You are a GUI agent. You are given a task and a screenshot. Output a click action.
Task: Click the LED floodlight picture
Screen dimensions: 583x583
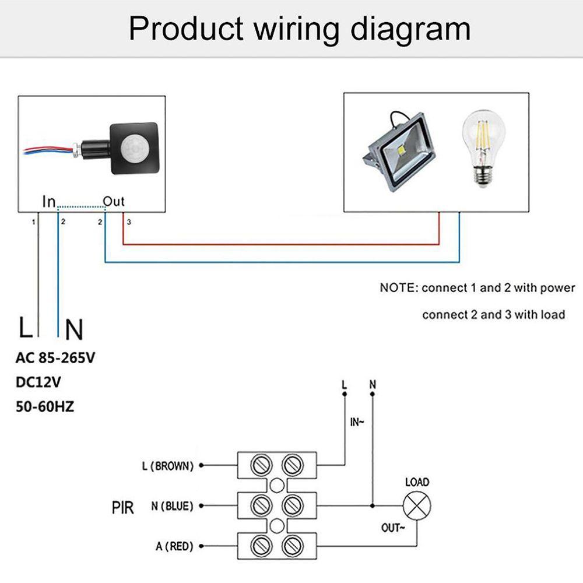(x=401, y=151)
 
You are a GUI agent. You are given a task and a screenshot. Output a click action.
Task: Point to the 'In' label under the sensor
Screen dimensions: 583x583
(x=49, y=202)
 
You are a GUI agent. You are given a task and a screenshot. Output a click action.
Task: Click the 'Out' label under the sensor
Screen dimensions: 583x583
(x=114, y=202)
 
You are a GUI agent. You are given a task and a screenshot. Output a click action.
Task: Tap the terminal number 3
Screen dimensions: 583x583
(x=129, y=222)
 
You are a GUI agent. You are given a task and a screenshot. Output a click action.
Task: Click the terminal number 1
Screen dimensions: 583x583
(x=34, y=222)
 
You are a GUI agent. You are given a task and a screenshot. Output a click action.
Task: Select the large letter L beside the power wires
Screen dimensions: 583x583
(x=25, y=328)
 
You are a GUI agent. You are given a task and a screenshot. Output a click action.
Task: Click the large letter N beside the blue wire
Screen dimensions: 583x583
(x=74, y=330)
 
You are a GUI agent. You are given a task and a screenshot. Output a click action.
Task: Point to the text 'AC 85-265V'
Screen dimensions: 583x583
(x=55, y=358)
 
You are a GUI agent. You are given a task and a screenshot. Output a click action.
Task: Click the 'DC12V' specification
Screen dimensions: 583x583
(x=38, y=382)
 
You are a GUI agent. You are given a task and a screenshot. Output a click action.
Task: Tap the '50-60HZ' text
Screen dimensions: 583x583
(x=45, y=406)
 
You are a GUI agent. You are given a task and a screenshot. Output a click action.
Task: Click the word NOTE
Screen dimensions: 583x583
(x=398, y=288)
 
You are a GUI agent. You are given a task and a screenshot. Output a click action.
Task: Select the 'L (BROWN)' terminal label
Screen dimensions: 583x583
(x=167, y=466)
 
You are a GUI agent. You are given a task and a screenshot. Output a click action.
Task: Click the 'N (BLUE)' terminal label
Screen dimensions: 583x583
(x=172, y=506)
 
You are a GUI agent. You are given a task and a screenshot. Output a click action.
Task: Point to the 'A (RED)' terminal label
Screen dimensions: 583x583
(x=174, y=546)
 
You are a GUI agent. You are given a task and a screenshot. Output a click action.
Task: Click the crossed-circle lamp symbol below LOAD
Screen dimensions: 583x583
(x=416, y=505)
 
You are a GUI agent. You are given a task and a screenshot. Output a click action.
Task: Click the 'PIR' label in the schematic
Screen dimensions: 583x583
(x=122, y=507)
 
